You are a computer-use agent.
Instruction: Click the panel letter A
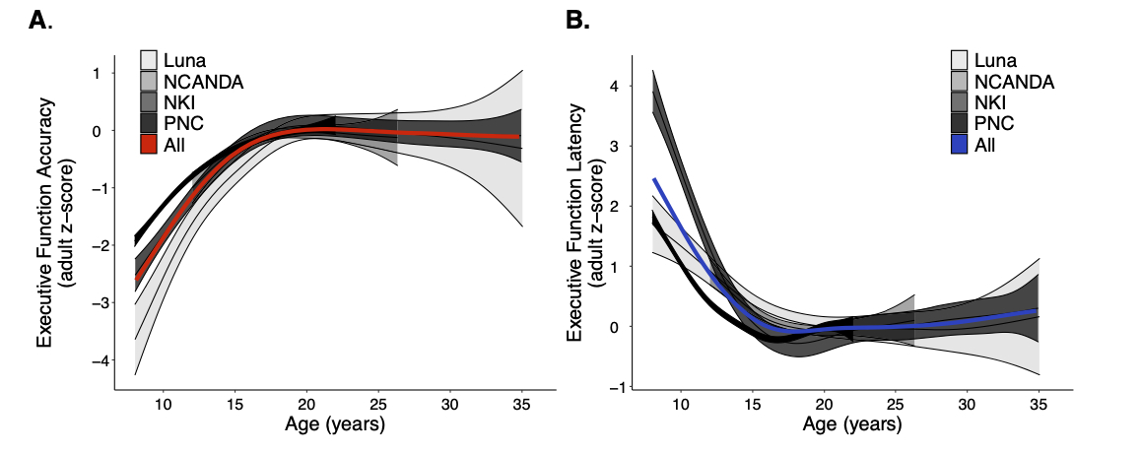click(x=37, y=20)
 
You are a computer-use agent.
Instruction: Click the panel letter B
click(x=575, y=20)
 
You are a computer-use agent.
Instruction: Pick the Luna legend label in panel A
click(x=186, y=60)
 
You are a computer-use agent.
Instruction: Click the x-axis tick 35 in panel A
click(x=521, y=405)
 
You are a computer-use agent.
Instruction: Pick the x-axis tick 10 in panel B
click(x=679, y=405)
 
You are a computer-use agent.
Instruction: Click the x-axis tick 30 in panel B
click(x=967, y=405)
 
